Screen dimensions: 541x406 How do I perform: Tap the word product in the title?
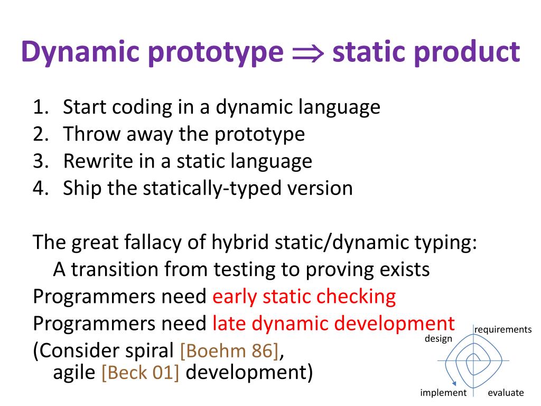coord(467,52)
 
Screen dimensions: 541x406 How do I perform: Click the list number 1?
coord(41,107)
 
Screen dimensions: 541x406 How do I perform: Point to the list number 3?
coord(41,161)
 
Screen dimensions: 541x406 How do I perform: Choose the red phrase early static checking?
coord(304,297)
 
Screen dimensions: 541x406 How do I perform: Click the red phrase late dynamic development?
coord(334,324)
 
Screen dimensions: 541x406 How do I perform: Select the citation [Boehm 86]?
coord(229,351)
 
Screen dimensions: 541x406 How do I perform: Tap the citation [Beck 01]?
coord(141,373)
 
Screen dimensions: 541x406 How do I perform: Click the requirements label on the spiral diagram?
coord(503,330)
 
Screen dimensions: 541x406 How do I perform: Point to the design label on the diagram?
coord(438,339)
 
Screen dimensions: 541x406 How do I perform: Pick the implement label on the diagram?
coord(443,393)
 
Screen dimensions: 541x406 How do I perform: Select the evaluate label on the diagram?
coord(506,393)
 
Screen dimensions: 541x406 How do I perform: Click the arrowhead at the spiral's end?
coord(454,383)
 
